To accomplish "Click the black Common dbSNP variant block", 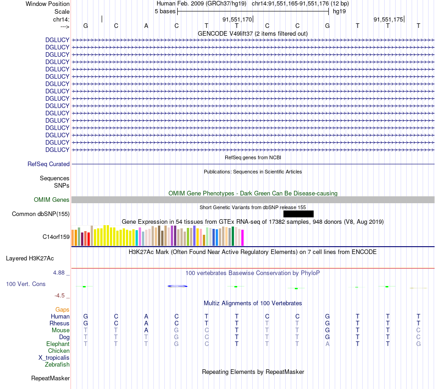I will [298, 214].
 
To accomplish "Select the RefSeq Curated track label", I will [49, 164].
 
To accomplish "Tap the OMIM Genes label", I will [52, 200].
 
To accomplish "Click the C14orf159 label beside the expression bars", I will [56, 237].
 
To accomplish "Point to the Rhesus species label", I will [60, 323].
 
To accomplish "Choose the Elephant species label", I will [58, 344].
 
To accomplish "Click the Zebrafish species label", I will [57, 364].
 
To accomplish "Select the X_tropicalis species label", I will [54, 357].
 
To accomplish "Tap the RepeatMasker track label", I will [50, 378].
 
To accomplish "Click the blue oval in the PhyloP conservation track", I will [178, 286].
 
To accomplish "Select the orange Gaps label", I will [62, 309].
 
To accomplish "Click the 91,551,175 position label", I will [388, 19].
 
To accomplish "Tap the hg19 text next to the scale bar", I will [339, 11].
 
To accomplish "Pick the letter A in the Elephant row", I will [327, 344].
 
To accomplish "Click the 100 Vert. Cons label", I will [26, 284].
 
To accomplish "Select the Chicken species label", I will [59, 351].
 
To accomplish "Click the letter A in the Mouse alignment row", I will [146, 330].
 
